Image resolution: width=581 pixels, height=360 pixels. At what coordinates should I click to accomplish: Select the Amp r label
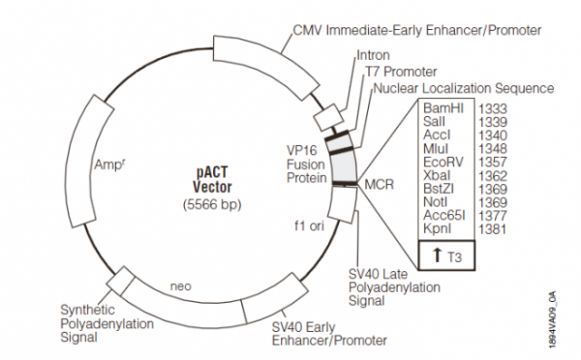click(108, 165)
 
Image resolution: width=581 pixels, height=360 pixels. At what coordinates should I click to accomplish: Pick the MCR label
click(379, 183)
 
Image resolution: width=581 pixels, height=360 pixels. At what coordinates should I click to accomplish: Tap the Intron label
click(374, 55)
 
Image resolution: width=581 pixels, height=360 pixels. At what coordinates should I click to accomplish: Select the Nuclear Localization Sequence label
click(462, 88)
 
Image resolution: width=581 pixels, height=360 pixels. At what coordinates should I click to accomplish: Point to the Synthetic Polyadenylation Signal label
click(100, 324)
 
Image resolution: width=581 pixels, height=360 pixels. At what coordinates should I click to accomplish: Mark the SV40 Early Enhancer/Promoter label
click(333, 333)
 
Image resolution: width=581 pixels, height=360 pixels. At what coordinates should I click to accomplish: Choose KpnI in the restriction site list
click(436, 233)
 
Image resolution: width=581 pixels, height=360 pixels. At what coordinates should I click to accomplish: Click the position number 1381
click(494, 233)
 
